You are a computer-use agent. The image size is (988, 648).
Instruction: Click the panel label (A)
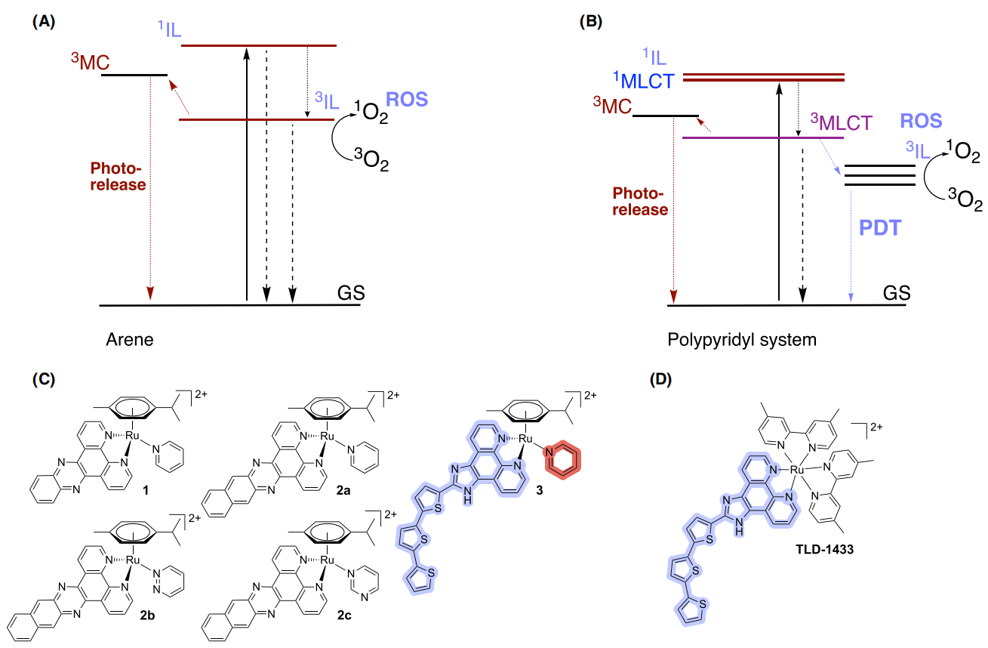(x=43, y=23)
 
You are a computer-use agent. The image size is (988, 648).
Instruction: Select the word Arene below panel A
(x=130, y=340)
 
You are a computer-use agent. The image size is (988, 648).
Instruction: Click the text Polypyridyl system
(x=742, y=340)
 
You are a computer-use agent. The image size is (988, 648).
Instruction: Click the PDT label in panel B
(x=880, y=227)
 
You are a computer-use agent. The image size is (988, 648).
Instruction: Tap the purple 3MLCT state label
(x=841, y=123)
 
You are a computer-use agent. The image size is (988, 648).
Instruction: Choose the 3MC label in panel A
(x=89, y=62)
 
